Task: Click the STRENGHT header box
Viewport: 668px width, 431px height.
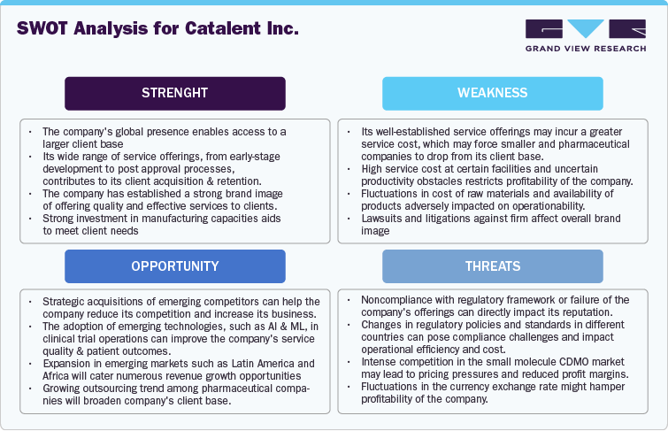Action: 175,93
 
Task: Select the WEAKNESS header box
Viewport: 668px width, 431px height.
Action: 493,93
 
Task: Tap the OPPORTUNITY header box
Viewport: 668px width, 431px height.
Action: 175,266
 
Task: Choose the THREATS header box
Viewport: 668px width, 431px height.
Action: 493,266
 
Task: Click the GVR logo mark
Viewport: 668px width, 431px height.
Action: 585,30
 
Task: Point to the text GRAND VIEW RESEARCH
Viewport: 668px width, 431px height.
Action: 585,50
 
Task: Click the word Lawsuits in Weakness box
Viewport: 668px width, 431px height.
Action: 383,217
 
